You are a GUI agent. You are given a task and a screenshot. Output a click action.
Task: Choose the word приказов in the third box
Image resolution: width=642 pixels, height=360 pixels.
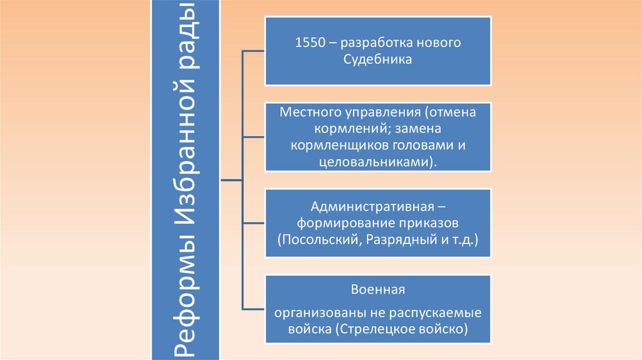[x=431, y=223]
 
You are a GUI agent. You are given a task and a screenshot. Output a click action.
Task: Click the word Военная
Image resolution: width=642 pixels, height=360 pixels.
[x=378, y=290]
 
